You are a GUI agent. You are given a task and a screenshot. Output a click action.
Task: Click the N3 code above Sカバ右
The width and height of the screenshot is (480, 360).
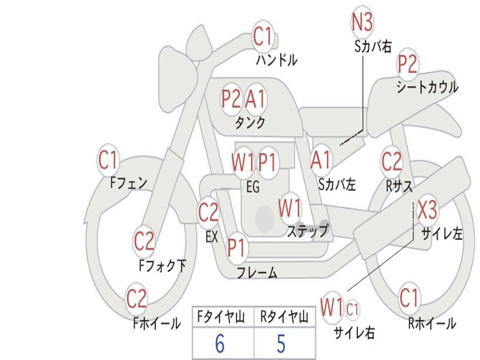(x=362, y=22)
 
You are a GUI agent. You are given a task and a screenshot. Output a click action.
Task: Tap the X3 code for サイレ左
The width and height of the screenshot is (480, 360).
(x=427, y=210)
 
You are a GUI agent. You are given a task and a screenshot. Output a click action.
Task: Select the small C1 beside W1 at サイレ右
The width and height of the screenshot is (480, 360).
(x=352, y=309)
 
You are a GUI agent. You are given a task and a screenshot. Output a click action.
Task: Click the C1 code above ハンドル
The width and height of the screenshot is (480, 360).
(x=262, y=36)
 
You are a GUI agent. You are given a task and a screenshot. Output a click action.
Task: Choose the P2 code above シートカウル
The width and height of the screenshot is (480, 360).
(x=407, y=64)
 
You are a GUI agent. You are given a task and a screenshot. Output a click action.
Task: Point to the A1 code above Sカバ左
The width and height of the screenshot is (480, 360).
(x=321, y=160)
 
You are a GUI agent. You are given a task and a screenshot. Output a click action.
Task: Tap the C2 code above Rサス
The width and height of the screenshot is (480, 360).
(x=391, y=161)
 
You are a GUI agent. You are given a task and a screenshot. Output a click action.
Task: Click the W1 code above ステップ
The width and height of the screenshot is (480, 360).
(x=290, y=208)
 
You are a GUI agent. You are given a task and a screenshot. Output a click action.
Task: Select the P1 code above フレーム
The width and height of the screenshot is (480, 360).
(x=236, y=247)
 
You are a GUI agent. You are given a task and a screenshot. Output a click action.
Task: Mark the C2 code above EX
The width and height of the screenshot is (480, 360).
(x=208, y=212)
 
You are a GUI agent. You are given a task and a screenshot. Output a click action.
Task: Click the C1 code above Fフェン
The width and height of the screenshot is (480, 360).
(x=107, y=160)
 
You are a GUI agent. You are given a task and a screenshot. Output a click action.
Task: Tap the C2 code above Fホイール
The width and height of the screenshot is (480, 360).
(x=136, y=299)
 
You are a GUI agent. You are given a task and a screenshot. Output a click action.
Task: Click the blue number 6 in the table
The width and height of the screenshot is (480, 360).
(x=219, y=344)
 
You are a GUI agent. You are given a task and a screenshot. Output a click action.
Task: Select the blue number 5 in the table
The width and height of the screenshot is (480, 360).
(x=281, y=344)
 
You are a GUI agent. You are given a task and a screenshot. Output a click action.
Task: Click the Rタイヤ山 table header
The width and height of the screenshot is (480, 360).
(x=284, y=317)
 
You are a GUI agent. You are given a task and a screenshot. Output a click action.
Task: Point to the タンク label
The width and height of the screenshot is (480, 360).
(x=250, y=122)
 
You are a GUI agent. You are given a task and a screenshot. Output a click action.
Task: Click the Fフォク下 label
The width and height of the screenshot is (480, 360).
(x=162, y=265)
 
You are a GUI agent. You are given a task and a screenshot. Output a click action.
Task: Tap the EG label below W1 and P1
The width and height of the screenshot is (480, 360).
(x=253, y=187)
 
